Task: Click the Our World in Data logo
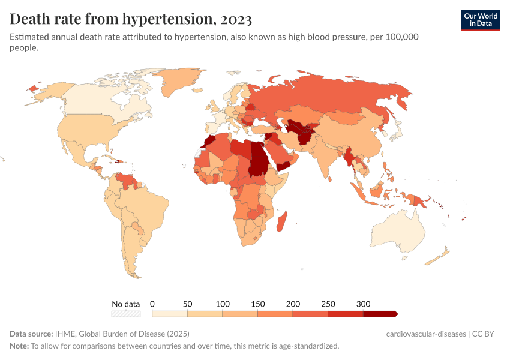tap(480, 20)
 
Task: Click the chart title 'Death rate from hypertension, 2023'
tap(131, 19)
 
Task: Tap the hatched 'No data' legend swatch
tap(126, 314)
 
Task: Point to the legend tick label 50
tap(187, 304)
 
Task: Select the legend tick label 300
tap(364, 304)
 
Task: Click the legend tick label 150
tap(257, 304)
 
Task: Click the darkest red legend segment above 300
tap(380, 314)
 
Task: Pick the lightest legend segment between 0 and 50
tap(170, 314)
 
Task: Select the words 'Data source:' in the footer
tap(31, 334)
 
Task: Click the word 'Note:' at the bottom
tap(19, 346)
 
